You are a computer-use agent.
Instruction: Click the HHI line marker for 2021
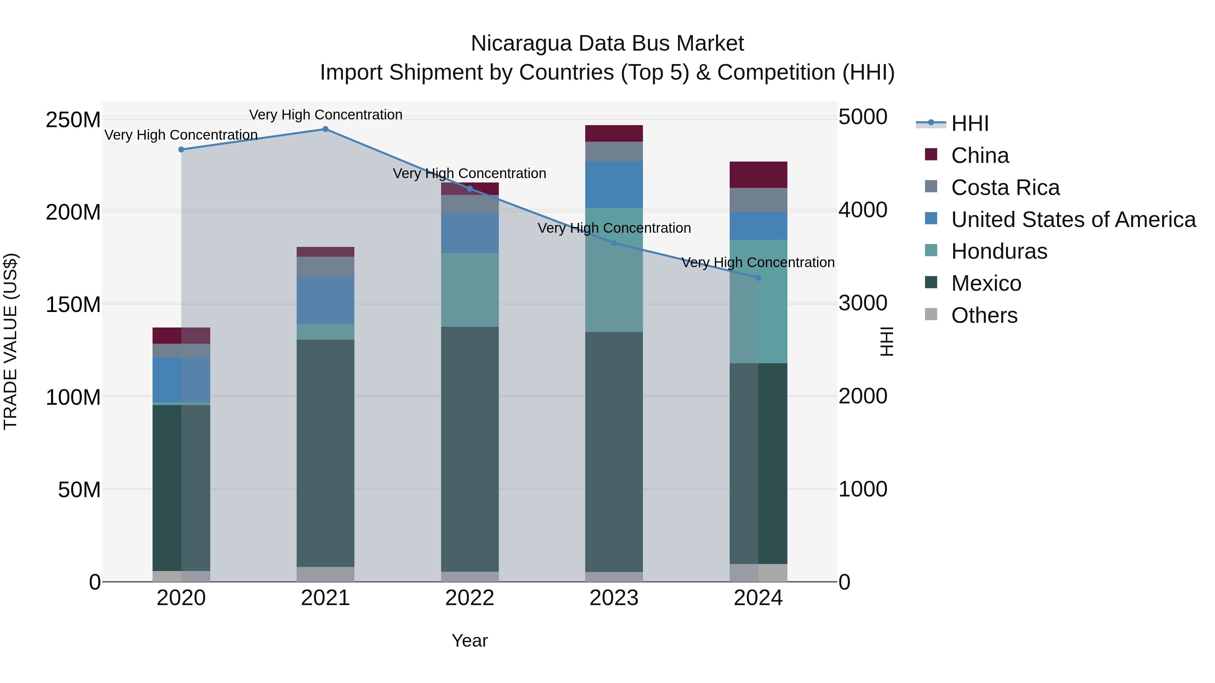coord(325,129)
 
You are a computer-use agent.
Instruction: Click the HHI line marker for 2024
coord(758,278)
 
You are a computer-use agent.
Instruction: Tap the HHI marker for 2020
coord(181,149)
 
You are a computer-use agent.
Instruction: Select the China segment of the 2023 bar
coord(614,133)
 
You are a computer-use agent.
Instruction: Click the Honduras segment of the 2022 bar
coord(470,290)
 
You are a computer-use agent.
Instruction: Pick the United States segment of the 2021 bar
coord(325,300)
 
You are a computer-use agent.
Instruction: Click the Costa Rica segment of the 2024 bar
coord(758,200)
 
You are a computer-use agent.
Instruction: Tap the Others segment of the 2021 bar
coord(325,574)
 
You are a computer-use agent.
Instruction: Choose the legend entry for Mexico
coord(986,283)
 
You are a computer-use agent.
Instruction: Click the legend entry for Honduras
coord(999,251)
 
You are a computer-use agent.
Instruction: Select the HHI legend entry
coord(969,123)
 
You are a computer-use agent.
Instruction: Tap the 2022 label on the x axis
coord(470,598)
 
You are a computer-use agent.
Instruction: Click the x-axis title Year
coord(470,641)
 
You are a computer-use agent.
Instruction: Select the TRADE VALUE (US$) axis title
coord(10,341)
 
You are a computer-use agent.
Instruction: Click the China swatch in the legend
coord(931,154)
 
